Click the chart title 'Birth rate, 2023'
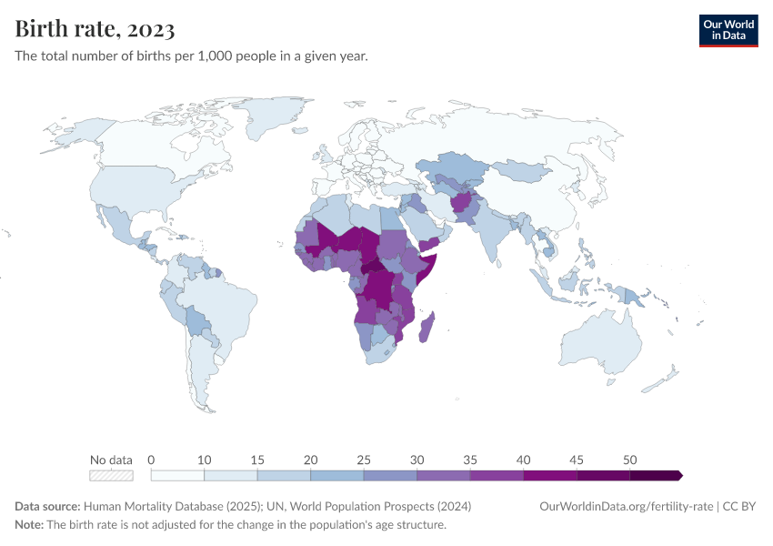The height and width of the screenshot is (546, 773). click(95, 29)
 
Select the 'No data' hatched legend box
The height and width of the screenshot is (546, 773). click(111, 475)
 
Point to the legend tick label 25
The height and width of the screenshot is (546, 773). click(363, 460)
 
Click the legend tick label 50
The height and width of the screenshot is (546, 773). click(628, 460)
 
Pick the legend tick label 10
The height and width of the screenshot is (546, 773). click(204, 460)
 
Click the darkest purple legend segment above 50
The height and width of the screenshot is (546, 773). click(655, 475)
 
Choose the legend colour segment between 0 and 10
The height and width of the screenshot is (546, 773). click(177, 475)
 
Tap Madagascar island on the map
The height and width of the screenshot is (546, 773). click(427, 327)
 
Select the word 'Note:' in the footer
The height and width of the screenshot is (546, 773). click(29, 525)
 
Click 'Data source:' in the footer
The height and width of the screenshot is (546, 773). click(47, 506)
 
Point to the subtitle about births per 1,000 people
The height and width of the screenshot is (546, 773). click(191, 56)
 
